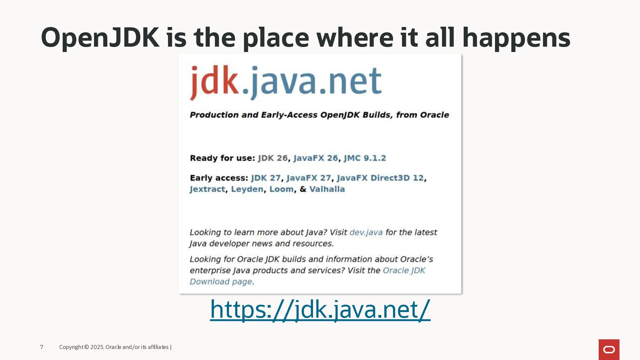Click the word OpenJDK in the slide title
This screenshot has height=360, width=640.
click(100, 38)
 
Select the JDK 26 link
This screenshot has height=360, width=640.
click(273, 158)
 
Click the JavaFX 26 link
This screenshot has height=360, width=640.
click(316, 158)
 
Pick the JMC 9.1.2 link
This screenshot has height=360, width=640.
click(365, 158)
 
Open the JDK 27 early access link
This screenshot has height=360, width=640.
click(266, 178)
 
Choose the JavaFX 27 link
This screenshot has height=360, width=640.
click(309, 178)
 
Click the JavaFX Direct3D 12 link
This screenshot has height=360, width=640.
click(380, 178)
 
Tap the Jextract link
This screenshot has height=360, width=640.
click(207, 189)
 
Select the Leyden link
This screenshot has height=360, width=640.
click(247, 189)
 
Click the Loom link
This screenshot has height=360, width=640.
click(282, 189)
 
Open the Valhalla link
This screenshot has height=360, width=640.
click(327, 189)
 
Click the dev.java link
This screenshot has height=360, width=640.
click(366, 232)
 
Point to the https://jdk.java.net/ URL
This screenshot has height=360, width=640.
click(320, 310)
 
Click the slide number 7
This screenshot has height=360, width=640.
click(42, 347)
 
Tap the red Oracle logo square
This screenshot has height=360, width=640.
click(609, 350)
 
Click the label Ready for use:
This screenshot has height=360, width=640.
click(222, 158)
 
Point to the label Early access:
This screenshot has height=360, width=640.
click(219, 178)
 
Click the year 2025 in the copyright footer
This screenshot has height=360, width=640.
click(97, 347)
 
